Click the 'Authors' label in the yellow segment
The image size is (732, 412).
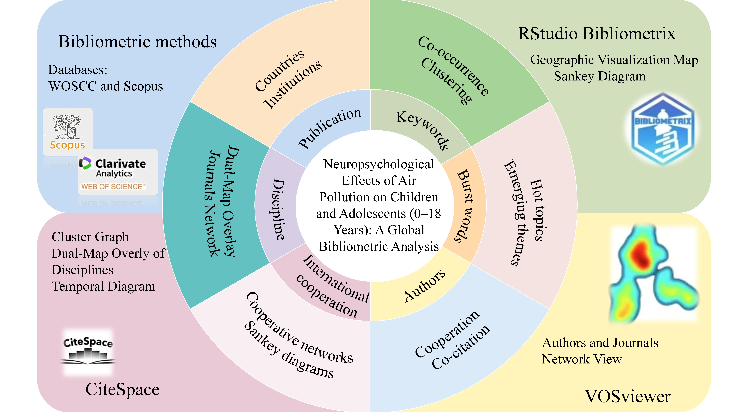click(x=425, y=285)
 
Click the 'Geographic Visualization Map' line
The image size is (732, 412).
click(x=614, y=60)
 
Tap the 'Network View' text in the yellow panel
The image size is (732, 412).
click(x=582, y=359)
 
